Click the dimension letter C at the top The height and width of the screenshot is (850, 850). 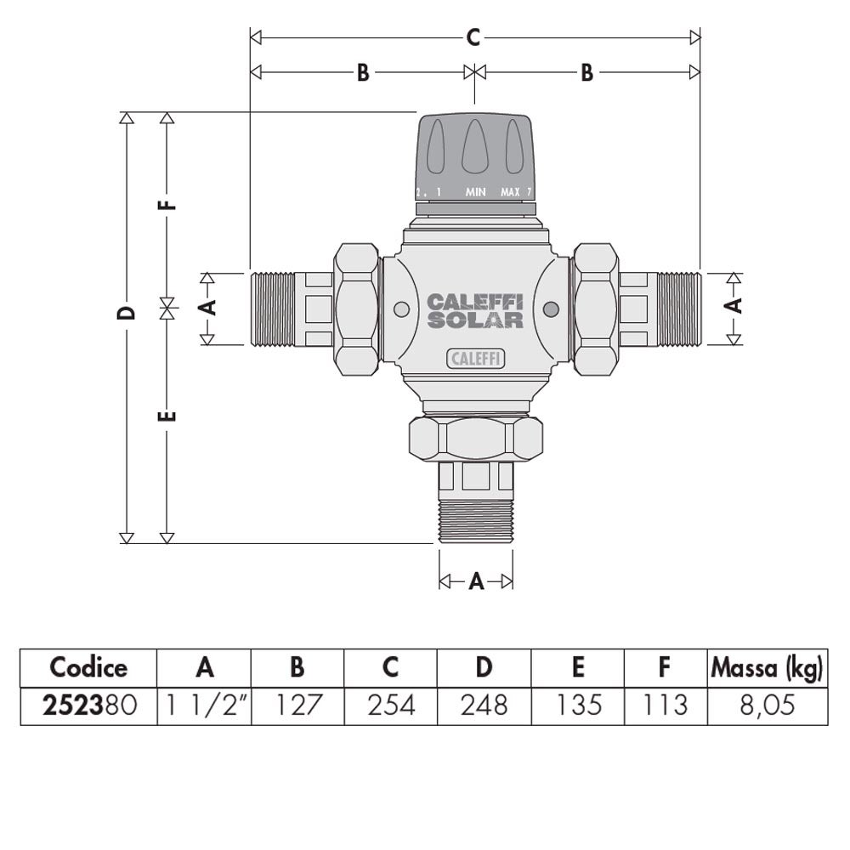point(474,37)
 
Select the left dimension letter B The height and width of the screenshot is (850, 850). point(362,73)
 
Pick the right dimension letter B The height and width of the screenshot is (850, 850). point(586,73)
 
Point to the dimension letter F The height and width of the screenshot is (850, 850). point(168,204)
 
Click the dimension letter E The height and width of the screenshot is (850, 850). point(168,416)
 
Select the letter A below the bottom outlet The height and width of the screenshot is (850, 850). point(476,581)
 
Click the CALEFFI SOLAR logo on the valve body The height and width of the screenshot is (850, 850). point(474,311)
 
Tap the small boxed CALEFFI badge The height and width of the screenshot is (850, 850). point(476,360)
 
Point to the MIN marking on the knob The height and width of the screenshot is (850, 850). point(475,192)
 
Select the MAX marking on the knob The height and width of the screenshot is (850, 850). point(510,192)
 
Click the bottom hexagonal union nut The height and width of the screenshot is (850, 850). point(476,438)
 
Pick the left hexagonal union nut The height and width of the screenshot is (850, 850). point(356,309)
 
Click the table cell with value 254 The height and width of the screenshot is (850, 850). point(390,705)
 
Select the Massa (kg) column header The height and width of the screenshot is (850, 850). point(766,668)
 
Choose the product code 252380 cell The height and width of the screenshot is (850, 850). point(88,705)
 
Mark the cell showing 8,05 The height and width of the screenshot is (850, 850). point(766,705)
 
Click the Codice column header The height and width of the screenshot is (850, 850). point(88,668)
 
